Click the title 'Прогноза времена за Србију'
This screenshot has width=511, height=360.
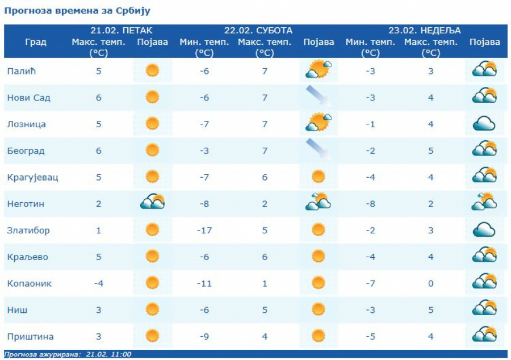[x=77, y=11]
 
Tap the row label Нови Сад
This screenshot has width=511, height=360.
[x=28, y=98]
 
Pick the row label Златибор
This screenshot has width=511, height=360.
[x=28, y=231]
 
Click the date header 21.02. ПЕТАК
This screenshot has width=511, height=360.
[x=121, y=31]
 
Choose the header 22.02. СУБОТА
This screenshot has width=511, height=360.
[x=258, y=31]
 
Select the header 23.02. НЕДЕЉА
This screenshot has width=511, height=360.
[x=425, y=31]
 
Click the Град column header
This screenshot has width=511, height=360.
[x=36, y=42]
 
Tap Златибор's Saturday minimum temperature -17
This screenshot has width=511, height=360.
[x=204, y=231]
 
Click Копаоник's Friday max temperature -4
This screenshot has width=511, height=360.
[x=99, y=283]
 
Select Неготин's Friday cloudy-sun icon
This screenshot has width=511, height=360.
[x=152, y=203]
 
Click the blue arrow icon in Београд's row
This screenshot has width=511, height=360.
[x=319, y=150]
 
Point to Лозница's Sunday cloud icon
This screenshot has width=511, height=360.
[x=484, y=124]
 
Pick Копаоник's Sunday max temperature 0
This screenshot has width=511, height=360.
[x=431, y=283]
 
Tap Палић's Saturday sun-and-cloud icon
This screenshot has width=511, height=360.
[x=319, y=70]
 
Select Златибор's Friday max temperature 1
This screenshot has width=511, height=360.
[x=99, y=231]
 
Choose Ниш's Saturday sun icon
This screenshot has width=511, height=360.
[x=319, y=309]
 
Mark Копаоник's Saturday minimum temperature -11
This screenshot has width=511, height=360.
[x=204, y=283]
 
